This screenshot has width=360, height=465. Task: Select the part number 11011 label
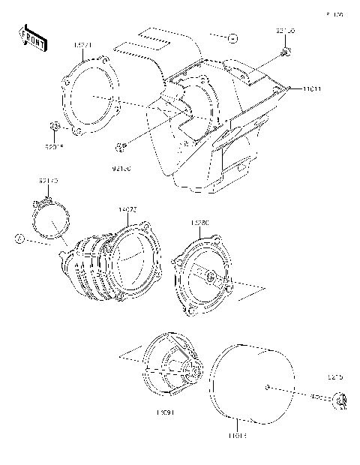click(x=313, y=89)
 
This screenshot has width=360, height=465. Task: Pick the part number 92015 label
click(x=55, y=146)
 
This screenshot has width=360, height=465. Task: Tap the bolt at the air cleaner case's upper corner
click(x=286, y=52)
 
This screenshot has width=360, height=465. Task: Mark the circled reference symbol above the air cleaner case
click(x=233, y=36)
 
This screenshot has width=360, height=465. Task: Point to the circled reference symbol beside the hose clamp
click(x=19, y=238)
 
